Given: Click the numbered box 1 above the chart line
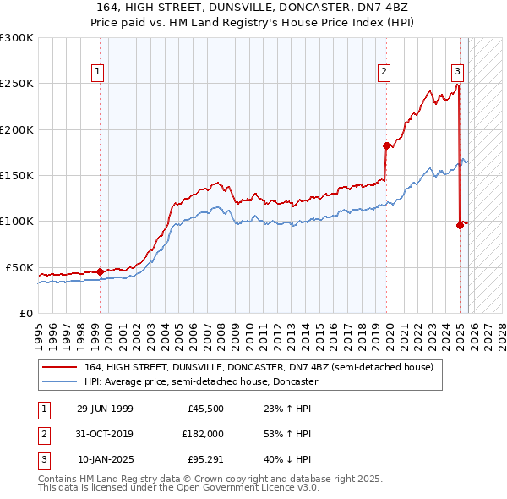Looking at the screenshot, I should click(x=99, y=73).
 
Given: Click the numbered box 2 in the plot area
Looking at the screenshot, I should click(x=384, y=73).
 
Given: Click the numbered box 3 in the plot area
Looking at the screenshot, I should click(x=457, y=73).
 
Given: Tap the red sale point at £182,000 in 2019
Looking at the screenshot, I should click(x=386, y=145).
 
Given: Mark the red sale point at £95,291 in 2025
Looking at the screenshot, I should click(x=460, y=225).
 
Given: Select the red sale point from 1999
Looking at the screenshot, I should click(x=101, y=271).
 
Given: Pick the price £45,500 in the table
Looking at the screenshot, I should click(x=205, y=409).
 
